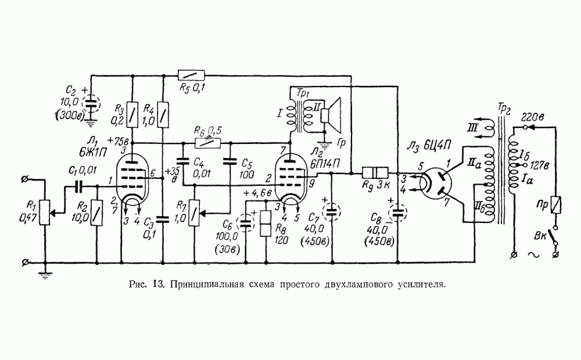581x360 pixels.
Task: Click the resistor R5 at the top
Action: point(192,75)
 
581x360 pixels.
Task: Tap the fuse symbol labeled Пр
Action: point(555,204)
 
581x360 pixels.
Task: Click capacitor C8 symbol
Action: point(398,212)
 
